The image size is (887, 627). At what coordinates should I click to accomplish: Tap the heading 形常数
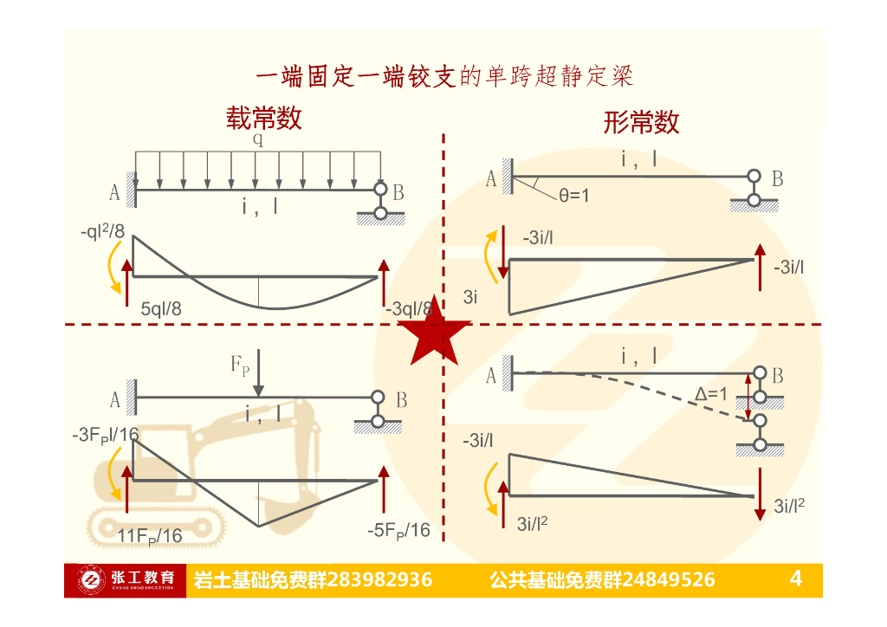pos(640,122)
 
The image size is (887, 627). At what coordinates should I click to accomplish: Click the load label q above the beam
pos(258,139)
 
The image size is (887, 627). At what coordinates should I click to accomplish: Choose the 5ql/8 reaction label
pos(161,307)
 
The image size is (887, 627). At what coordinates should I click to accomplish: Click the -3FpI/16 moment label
pos(106,434)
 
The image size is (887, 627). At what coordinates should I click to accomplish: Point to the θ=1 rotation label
pos(573,197)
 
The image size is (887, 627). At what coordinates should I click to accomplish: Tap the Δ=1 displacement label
pos(711,394)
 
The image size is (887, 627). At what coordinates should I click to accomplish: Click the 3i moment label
pos(470,297)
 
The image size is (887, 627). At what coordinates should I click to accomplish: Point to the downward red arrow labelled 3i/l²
pos(760,494)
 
